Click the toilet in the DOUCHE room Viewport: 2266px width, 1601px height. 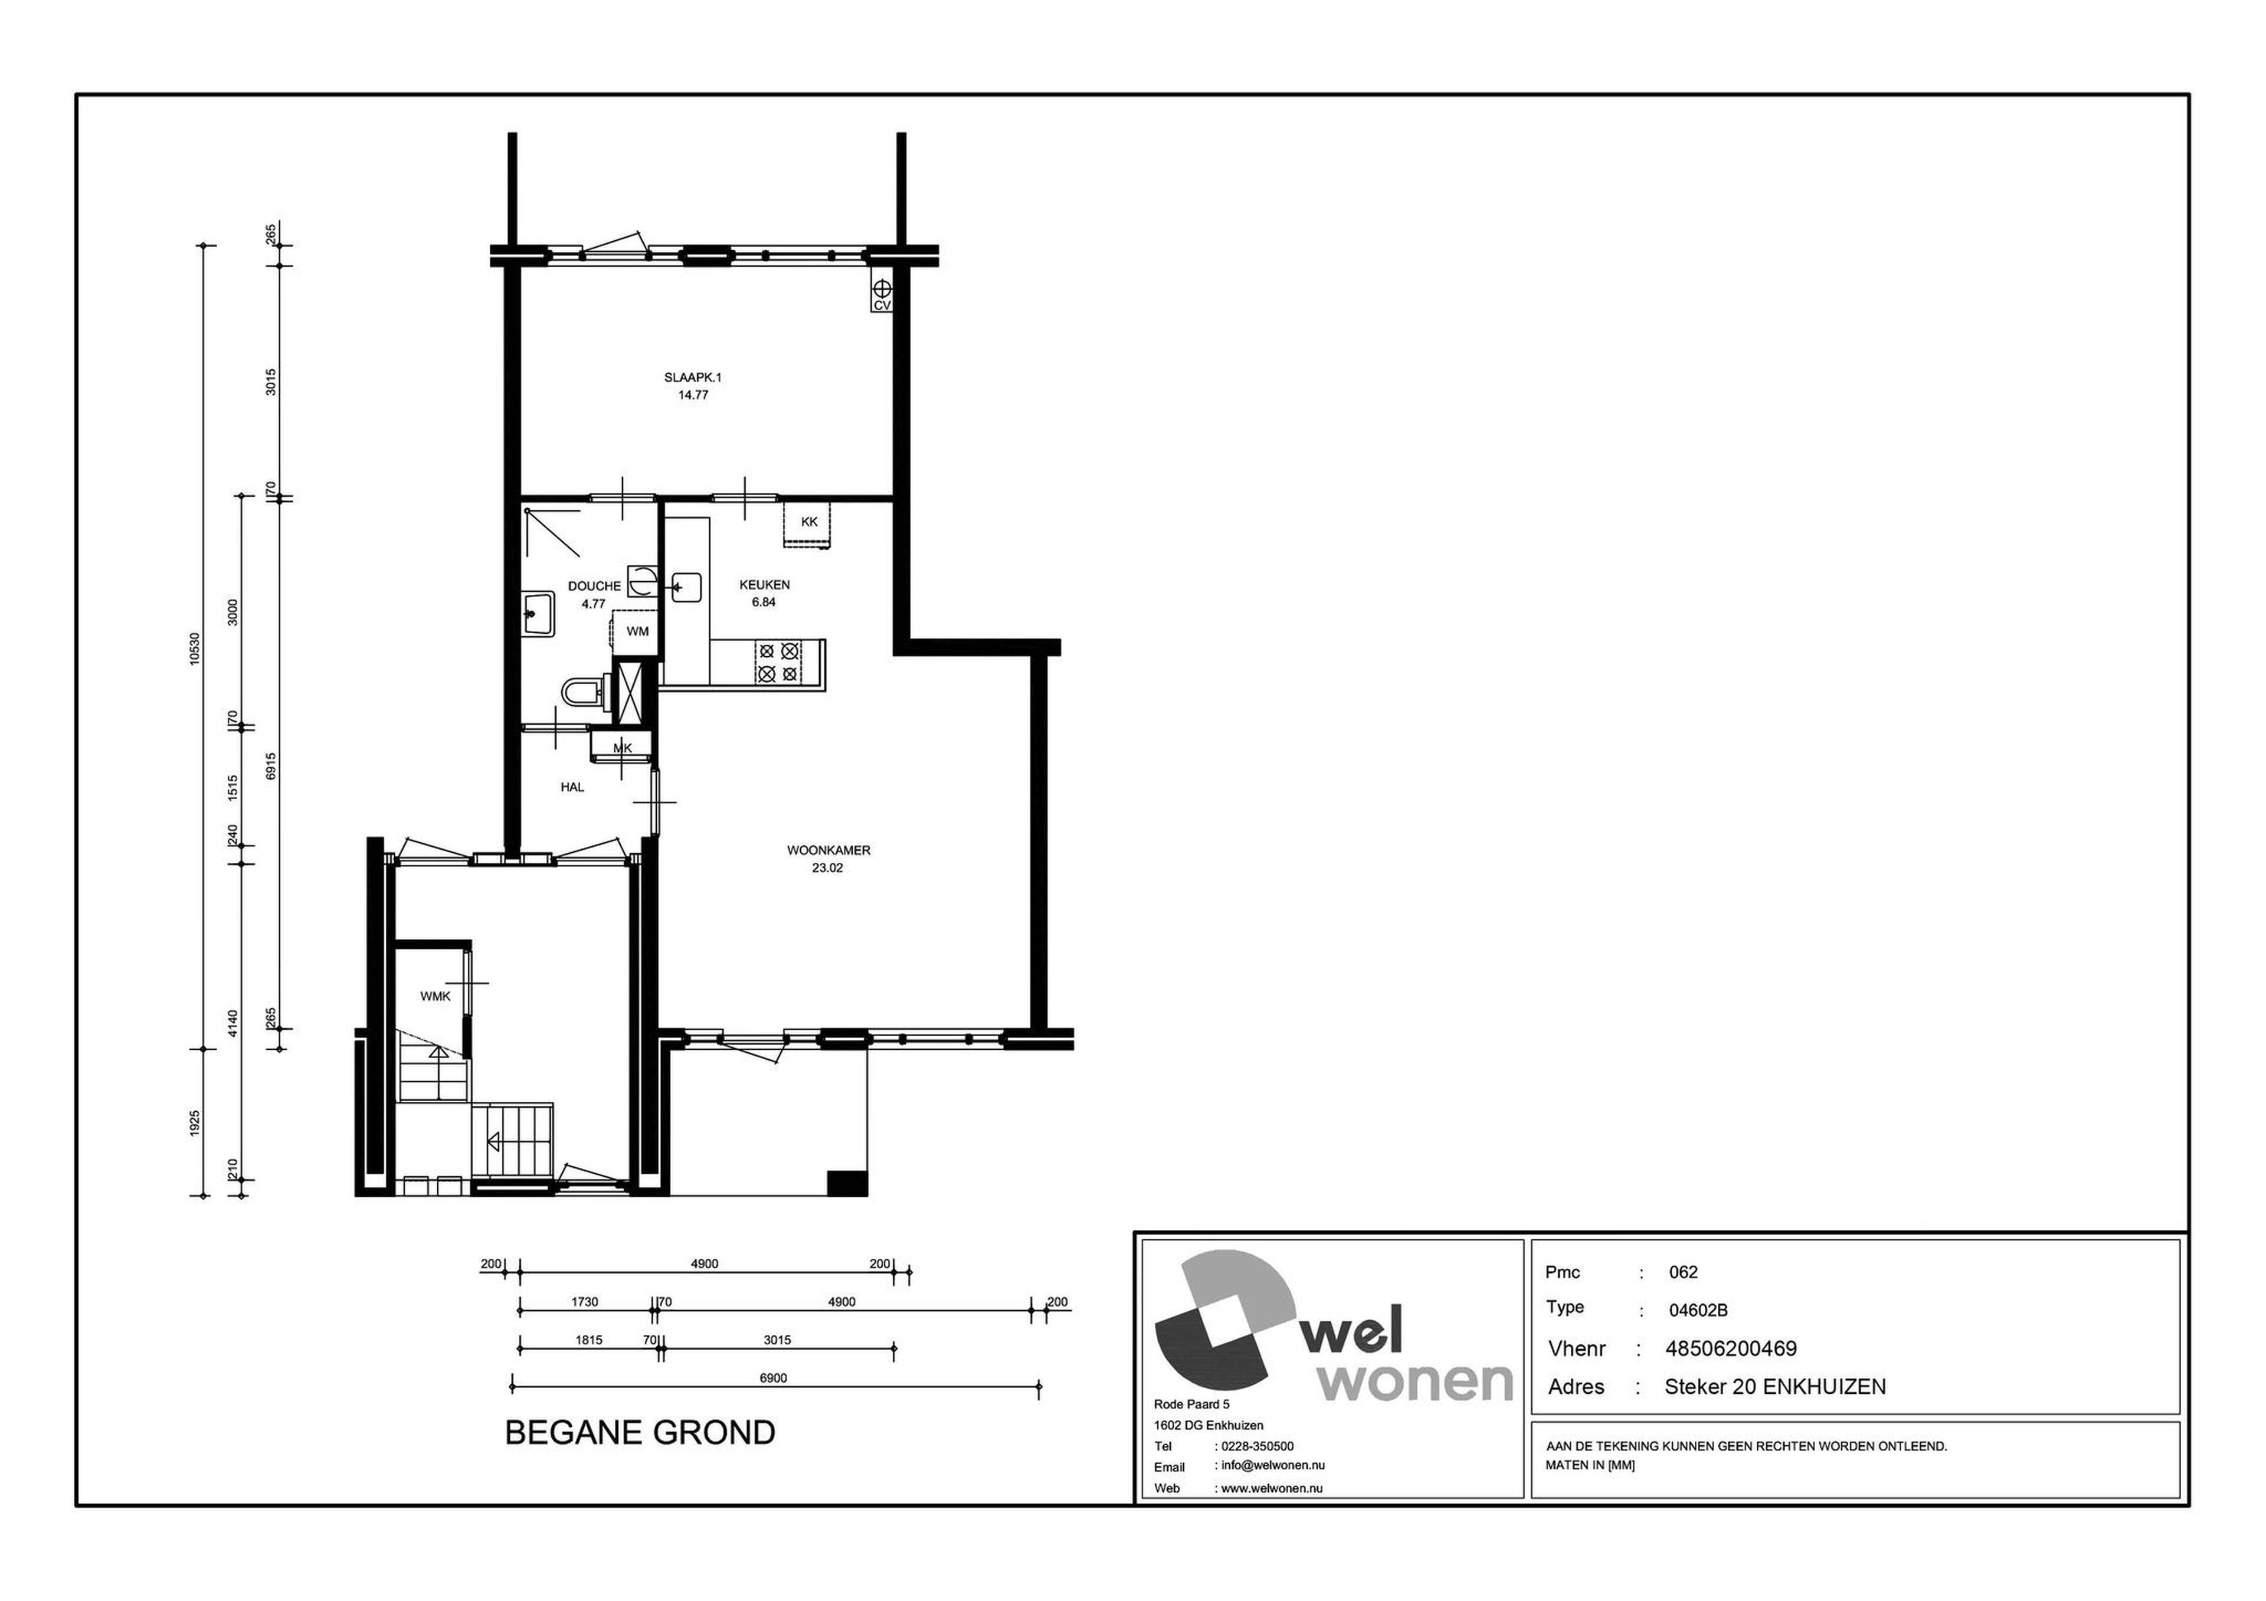click(582, 692)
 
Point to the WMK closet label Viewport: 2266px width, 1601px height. click(435, 997)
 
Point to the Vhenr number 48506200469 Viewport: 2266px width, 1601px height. click(1731, 1349)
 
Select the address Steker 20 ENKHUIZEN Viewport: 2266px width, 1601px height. click(1774, 1387)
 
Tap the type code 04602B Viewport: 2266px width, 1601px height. click(1698, 1311)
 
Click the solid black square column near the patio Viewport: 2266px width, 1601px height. click(846, 1183)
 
